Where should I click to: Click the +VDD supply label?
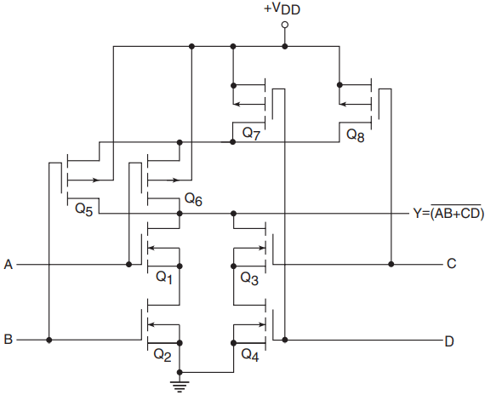[x=282, y=9]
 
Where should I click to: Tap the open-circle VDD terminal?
[x=285, y=25]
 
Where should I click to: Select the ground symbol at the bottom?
[x=180, y=386]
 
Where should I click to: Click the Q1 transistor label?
[x=164, y=277]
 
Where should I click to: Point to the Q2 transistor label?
[x=163, y=355]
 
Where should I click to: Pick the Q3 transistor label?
[x=249, y=278]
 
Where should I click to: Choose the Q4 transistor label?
[x=250, y=354]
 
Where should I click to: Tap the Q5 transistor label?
[x=84, y=209]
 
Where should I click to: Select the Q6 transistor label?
[x=193, y=199]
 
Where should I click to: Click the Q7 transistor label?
[x=251, y=134]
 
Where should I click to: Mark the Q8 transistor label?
[x=356, y=135]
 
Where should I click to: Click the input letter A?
[x=9, y=265]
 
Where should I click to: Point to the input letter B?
[x=9, y=340]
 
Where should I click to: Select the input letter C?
[x=451, y=264]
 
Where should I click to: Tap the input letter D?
[x=449, y=341]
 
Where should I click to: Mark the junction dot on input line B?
[x=48, y=340]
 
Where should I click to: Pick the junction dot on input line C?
[x=391, y=264]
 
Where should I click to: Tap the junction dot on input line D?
[x=285, y=340]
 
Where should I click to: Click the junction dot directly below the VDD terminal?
[x=285, y=47]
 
